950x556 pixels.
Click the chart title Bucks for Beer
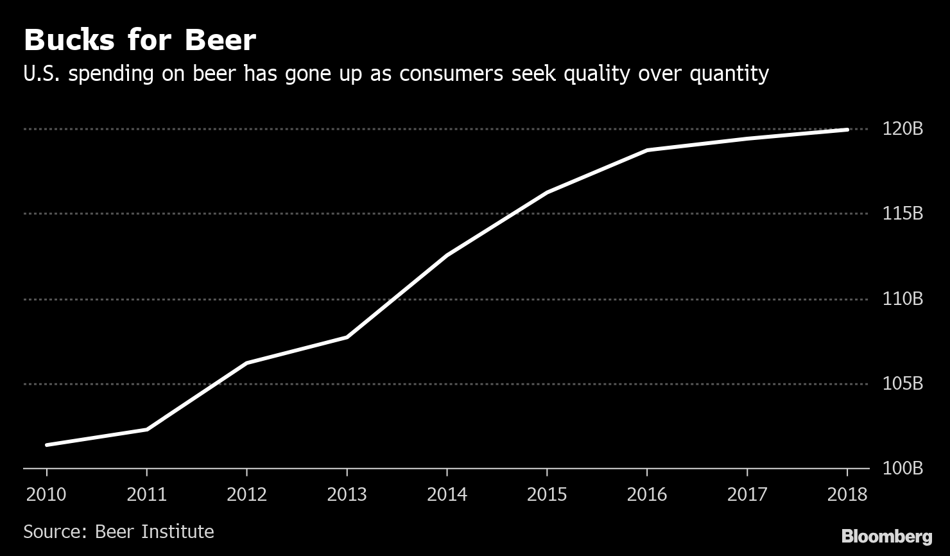(x=139, y=40)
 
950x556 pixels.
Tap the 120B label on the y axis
(x=902, y=129)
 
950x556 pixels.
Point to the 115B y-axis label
(x=902, y=213)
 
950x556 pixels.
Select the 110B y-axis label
(x=902, y=299)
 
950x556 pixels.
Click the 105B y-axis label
(x=902, y=383)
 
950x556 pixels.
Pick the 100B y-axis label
(x=902, y=468)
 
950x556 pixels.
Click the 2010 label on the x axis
(x=46, y=494)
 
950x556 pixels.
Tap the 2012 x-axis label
(x=246, y=494)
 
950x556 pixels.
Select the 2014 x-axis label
(x=447, y=494)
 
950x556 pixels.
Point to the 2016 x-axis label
(x=646, y=494)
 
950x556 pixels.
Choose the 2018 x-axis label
(x=847, y=494)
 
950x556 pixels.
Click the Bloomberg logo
(x=886, y=536)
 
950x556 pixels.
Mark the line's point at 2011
(x=147, y=429)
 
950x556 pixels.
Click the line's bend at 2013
(x=347, y=336)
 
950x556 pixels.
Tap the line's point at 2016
(x=646, y=150)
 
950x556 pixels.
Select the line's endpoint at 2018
(x=847, y=130)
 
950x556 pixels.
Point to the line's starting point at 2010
(x=47, y=444)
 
